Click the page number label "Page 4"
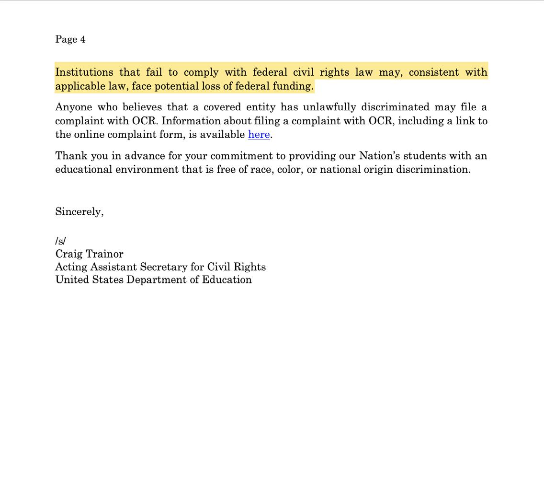pos(70,39)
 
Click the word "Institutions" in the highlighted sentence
pos(84,72)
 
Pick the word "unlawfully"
pos(329,107)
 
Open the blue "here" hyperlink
pos(259,135)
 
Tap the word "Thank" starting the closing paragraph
pos(70,156)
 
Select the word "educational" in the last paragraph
pos(83,170)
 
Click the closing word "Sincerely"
pos(79,212)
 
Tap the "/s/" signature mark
pos(60,241)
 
